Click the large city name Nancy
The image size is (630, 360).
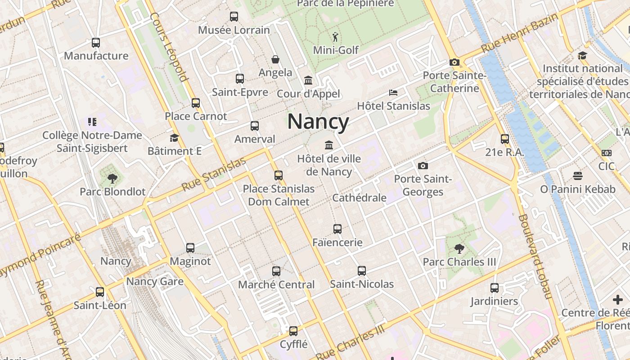pyautogui.click(x=318, y=121)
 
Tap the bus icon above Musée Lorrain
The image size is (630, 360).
pyautogui.click(x=234, y=17)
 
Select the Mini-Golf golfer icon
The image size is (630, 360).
pyautogui.click(x=335, y=36)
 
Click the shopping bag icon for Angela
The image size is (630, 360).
pyautogui.click(x=275, y=59)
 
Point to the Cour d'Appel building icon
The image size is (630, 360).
pyautogui.click(x=308, y=81)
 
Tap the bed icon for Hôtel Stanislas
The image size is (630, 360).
pyautogui.click(x=393, y=93)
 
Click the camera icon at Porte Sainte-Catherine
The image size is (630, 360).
pyautogui.click(x=454, y=63)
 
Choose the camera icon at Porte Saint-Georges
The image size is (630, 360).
pyautogui.click(x=423, y=166)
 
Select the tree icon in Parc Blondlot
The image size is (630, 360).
pyautogui.click(x=112, y=179)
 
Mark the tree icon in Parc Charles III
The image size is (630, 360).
pyautogui.click(x=459, y=248)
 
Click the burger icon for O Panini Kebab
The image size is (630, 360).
pyautogui.click(x=578, y=176)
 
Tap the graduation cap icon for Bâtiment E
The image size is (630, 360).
pyautogui.click(x=174, y=138)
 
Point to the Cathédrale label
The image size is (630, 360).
pyautogui.click(x=359, y=198)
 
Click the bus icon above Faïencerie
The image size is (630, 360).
pyautogui.click(x=337, y=229)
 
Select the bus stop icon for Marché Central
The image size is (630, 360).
pyautogui.click(x=276, y=271)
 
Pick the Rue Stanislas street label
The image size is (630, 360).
pyautogui.click(x=214, y=174)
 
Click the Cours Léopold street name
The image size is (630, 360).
pyautogui.click(x=169, y=47)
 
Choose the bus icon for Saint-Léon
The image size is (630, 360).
pyautogui.click(x=100, y=292)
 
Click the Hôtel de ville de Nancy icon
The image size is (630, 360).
pyautogui.click(x=329, y=145)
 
